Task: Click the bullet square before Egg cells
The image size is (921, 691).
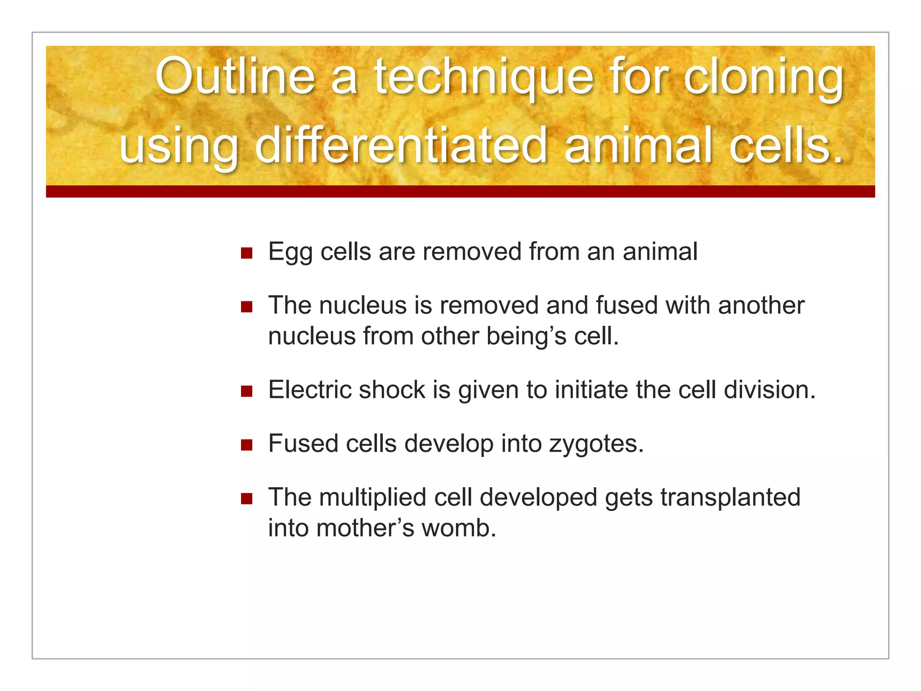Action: (x=246, y=253)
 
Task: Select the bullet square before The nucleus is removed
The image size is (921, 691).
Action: (x=246, y=307)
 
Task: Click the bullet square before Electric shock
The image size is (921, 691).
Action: (x=246, y=391)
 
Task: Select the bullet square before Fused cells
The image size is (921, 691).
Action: (x=246, y=445)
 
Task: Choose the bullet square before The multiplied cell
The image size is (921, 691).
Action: (x=246, y=498)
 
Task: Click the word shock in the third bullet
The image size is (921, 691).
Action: (x=392, y=390)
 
